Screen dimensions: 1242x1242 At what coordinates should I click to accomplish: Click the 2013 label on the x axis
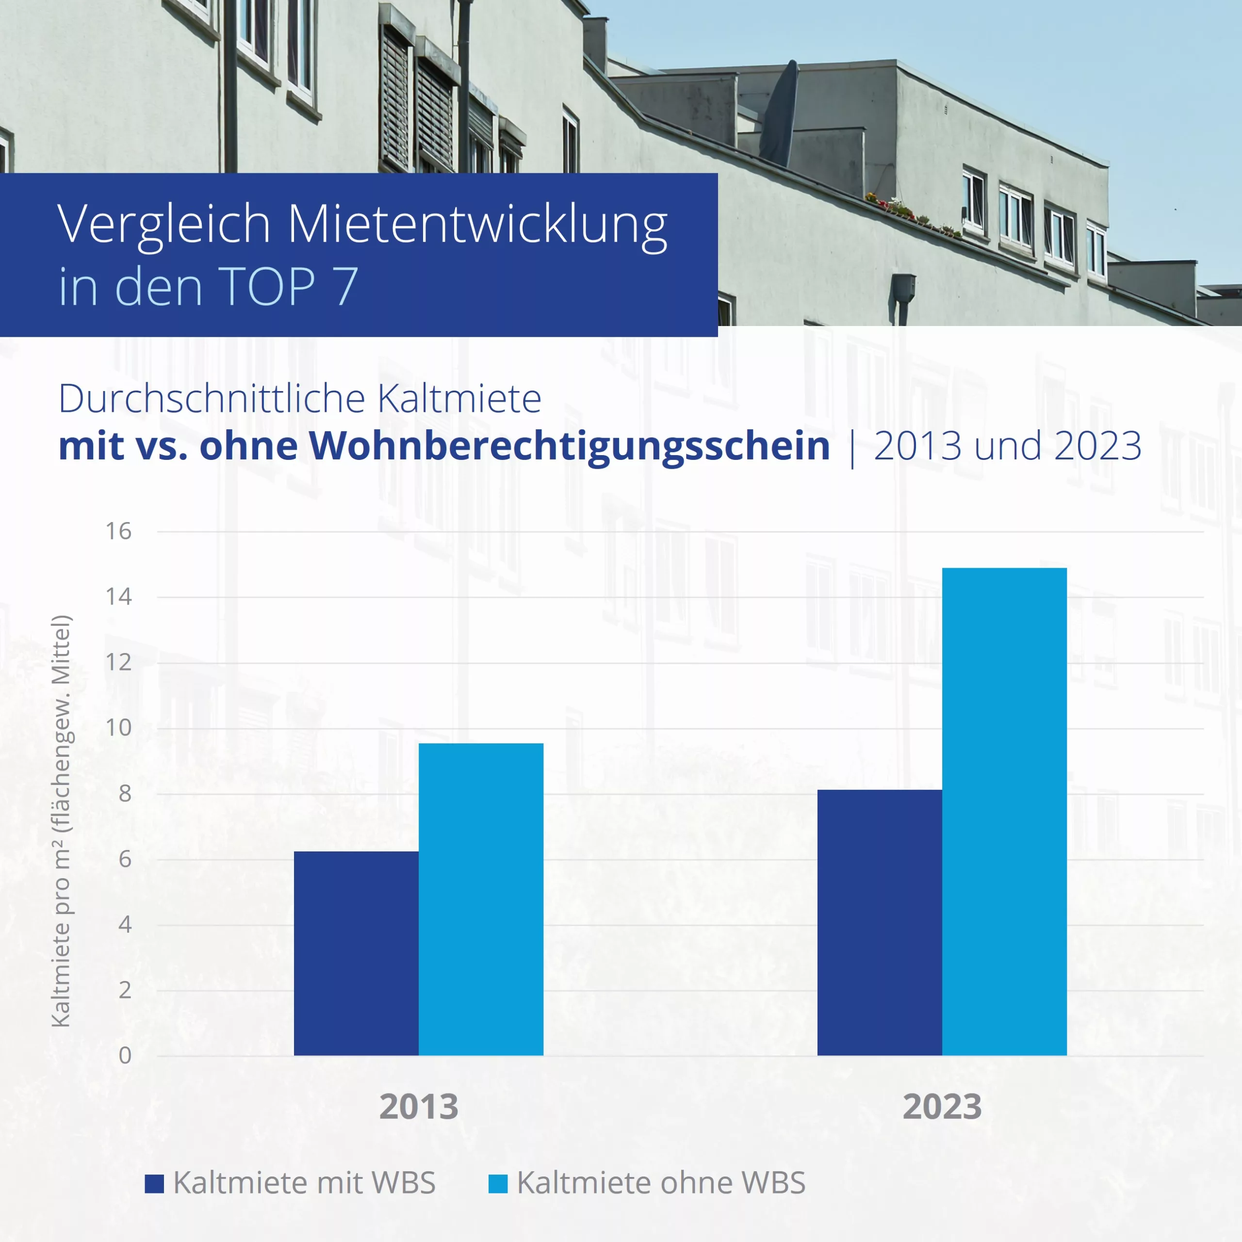[419, 1107]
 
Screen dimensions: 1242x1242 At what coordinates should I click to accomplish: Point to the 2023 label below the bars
[942, 1107]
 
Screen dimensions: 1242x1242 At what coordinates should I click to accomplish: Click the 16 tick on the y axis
[118, 532]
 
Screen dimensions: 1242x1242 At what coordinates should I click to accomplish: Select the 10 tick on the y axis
[118, 728]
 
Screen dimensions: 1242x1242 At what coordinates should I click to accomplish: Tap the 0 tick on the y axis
[125, 1056]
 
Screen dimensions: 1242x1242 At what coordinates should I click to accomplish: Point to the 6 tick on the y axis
[125, 860]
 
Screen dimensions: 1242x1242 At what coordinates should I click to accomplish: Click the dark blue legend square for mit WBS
[154, 1183]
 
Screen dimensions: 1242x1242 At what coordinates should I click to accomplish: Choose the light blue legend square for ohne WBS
[498, 1183]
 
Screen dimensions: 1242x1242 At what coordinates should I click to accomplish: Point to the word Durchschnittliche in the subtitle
[212, 399]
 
